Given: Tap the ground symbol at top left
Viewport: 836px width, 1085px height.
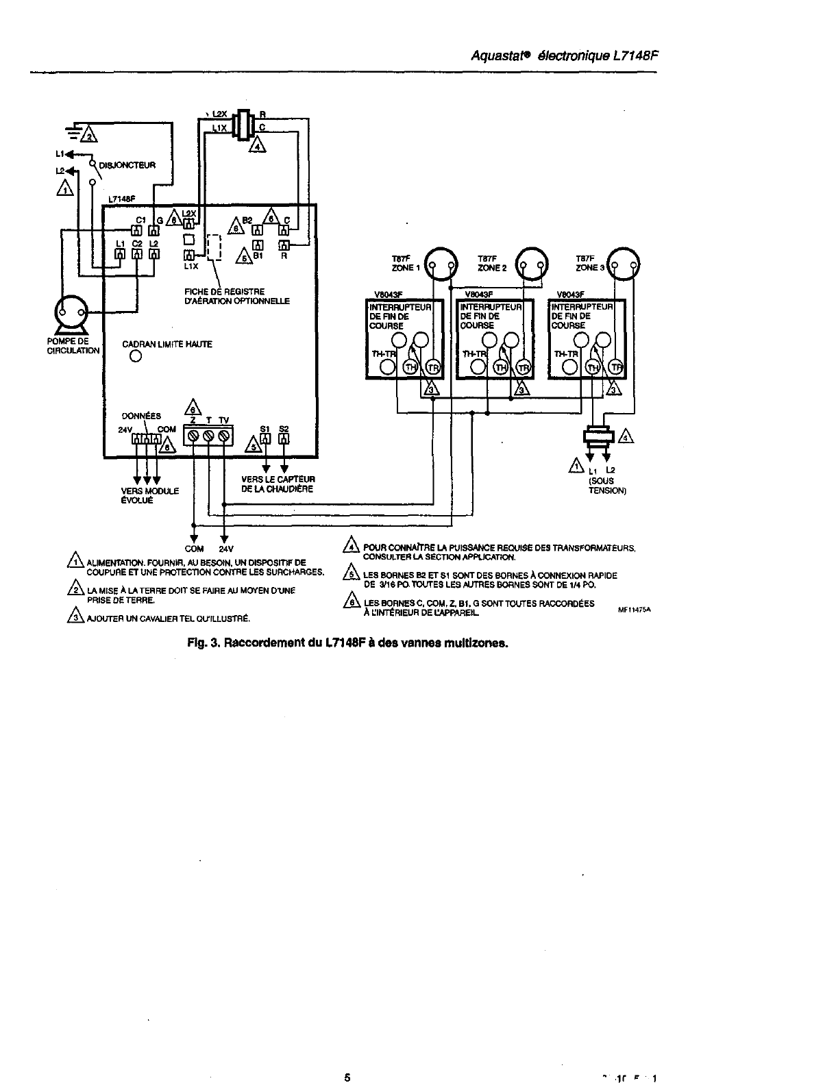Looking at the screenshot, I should click(73, 132).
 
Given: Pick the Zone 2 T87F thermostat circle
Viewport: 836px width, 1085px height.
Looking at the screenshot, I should click(532, 263).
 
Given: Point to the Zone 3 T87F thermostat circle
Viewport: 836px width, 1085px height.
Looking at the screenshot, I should click(625, 263).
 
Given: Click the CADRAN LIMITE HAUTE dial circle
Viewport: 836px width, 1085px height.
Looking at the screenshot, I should click(136, 357).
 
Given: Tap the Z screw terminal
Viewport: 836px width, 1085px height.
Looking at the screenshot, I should click(194, 436).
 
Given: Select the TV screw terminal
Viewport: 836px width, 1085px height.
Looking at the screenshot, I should click(224, 436).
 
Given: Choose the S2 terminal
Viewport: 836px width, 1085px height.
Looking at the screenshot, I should click(284, 440).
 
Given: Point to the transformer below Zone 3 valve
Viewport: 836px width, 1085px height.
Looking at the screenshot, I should click(598, 436).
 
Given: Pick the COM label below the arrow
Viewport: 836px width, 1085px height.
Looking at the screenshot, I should click(194, 549).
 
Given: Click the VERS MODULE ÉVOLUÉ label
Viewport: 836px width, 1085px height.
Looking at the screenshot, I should click(150, 495).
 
